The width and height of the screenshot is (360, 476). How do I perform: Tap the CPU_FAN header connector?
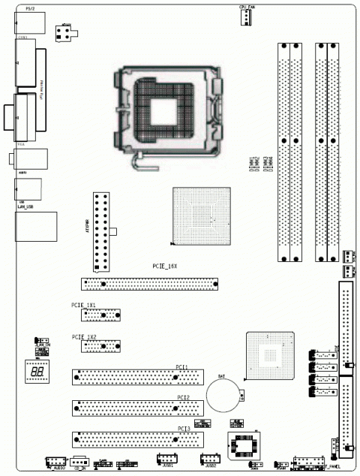246,18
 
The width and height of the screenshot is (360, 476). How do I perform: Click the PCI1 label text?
181,366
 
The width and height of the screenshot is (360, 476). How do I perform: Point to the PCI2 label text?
183,396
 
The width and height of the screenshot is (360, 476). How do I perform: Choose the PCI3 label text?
183,428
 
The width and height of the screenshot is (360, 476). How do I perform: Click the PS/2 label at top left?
29,8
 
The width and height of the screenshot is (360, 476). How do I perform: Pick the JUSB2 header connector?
209,460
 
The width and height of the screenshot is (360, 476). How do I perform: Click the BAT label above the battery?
222,374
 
